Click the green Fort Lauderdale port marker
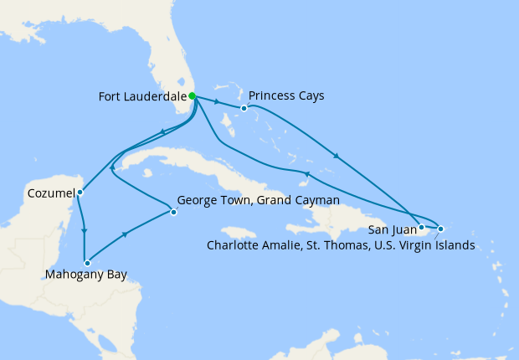click(x=193, y=96)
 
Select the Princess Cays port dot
click(x=244, y=108)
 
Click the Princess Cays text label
click(x=285, y=95)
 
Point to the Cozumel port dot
click(x=80, y=193)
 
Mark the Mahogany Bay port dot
click(x=86, y=264)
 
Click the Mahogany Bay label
click(x=87, y=275)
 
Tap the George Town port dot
click(x=173, y=212)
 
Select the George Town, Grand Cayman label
click(x=259, y=201)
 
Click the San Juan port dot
click(x=421, y=227)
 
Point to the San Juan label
click(x=390, y=228)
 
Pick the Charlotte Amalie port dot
click(x=440, y=229)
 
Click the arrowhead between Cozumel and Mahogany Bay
click(x=84, y=230)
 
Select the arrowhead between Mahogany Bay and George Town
click(x=126, y=235)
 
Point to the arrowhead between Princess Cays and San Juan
click(x=337, y=156)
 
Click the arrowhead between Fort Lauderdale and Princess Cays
click(x=218, y=102)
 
